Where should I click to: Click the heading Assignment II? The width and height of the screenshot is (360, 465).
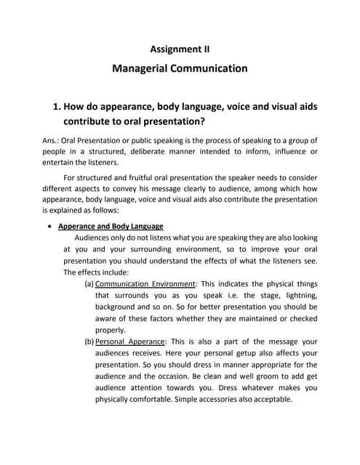(180, 49)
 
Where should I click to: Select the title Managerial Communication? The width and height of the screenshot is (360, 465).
(180, 69)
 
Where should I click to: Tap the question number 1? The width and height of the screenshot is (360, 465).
(57, 107)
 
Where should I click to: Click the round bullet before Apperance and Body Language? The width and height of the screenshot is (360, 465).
(49, 226)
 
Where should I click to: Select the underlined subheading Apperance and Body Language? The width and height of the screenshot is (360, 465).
(111, 226)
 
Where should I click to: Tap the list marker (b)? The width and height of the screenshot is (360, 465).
(89, 341)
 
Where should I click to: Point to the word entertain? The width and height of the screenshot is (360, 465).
(60, 163)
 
